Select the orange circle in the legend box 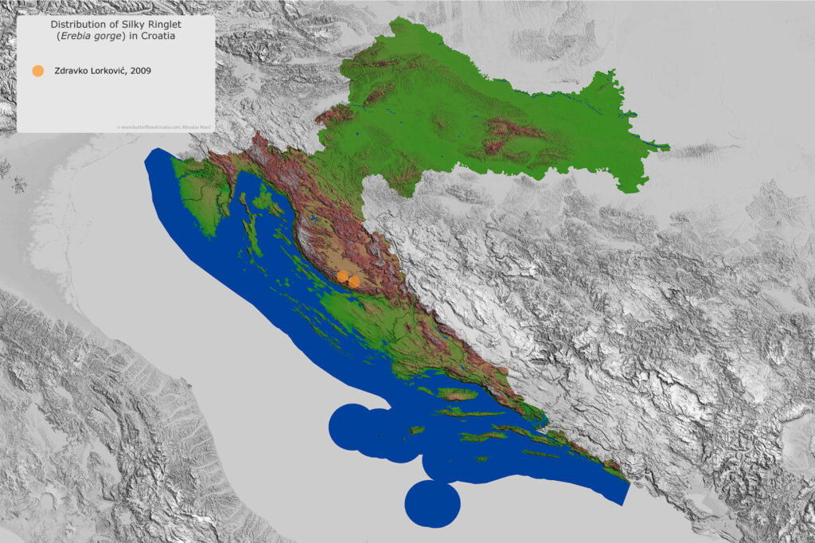click(x=37, y=70)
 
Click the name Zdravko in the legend click(x=72, y=70)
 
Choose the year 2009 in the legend click(x=142, y=70)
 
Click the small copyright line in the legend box click(x=164, y=126)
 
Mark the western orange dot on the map click(x=342, y=275)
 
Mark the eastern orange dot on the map click(x=353, y=281)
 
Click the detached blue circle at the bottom click(x=432, y=504)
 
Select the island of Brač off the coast click(x=457, y=393)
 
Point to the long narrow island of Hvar click(x=470, y=412)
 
